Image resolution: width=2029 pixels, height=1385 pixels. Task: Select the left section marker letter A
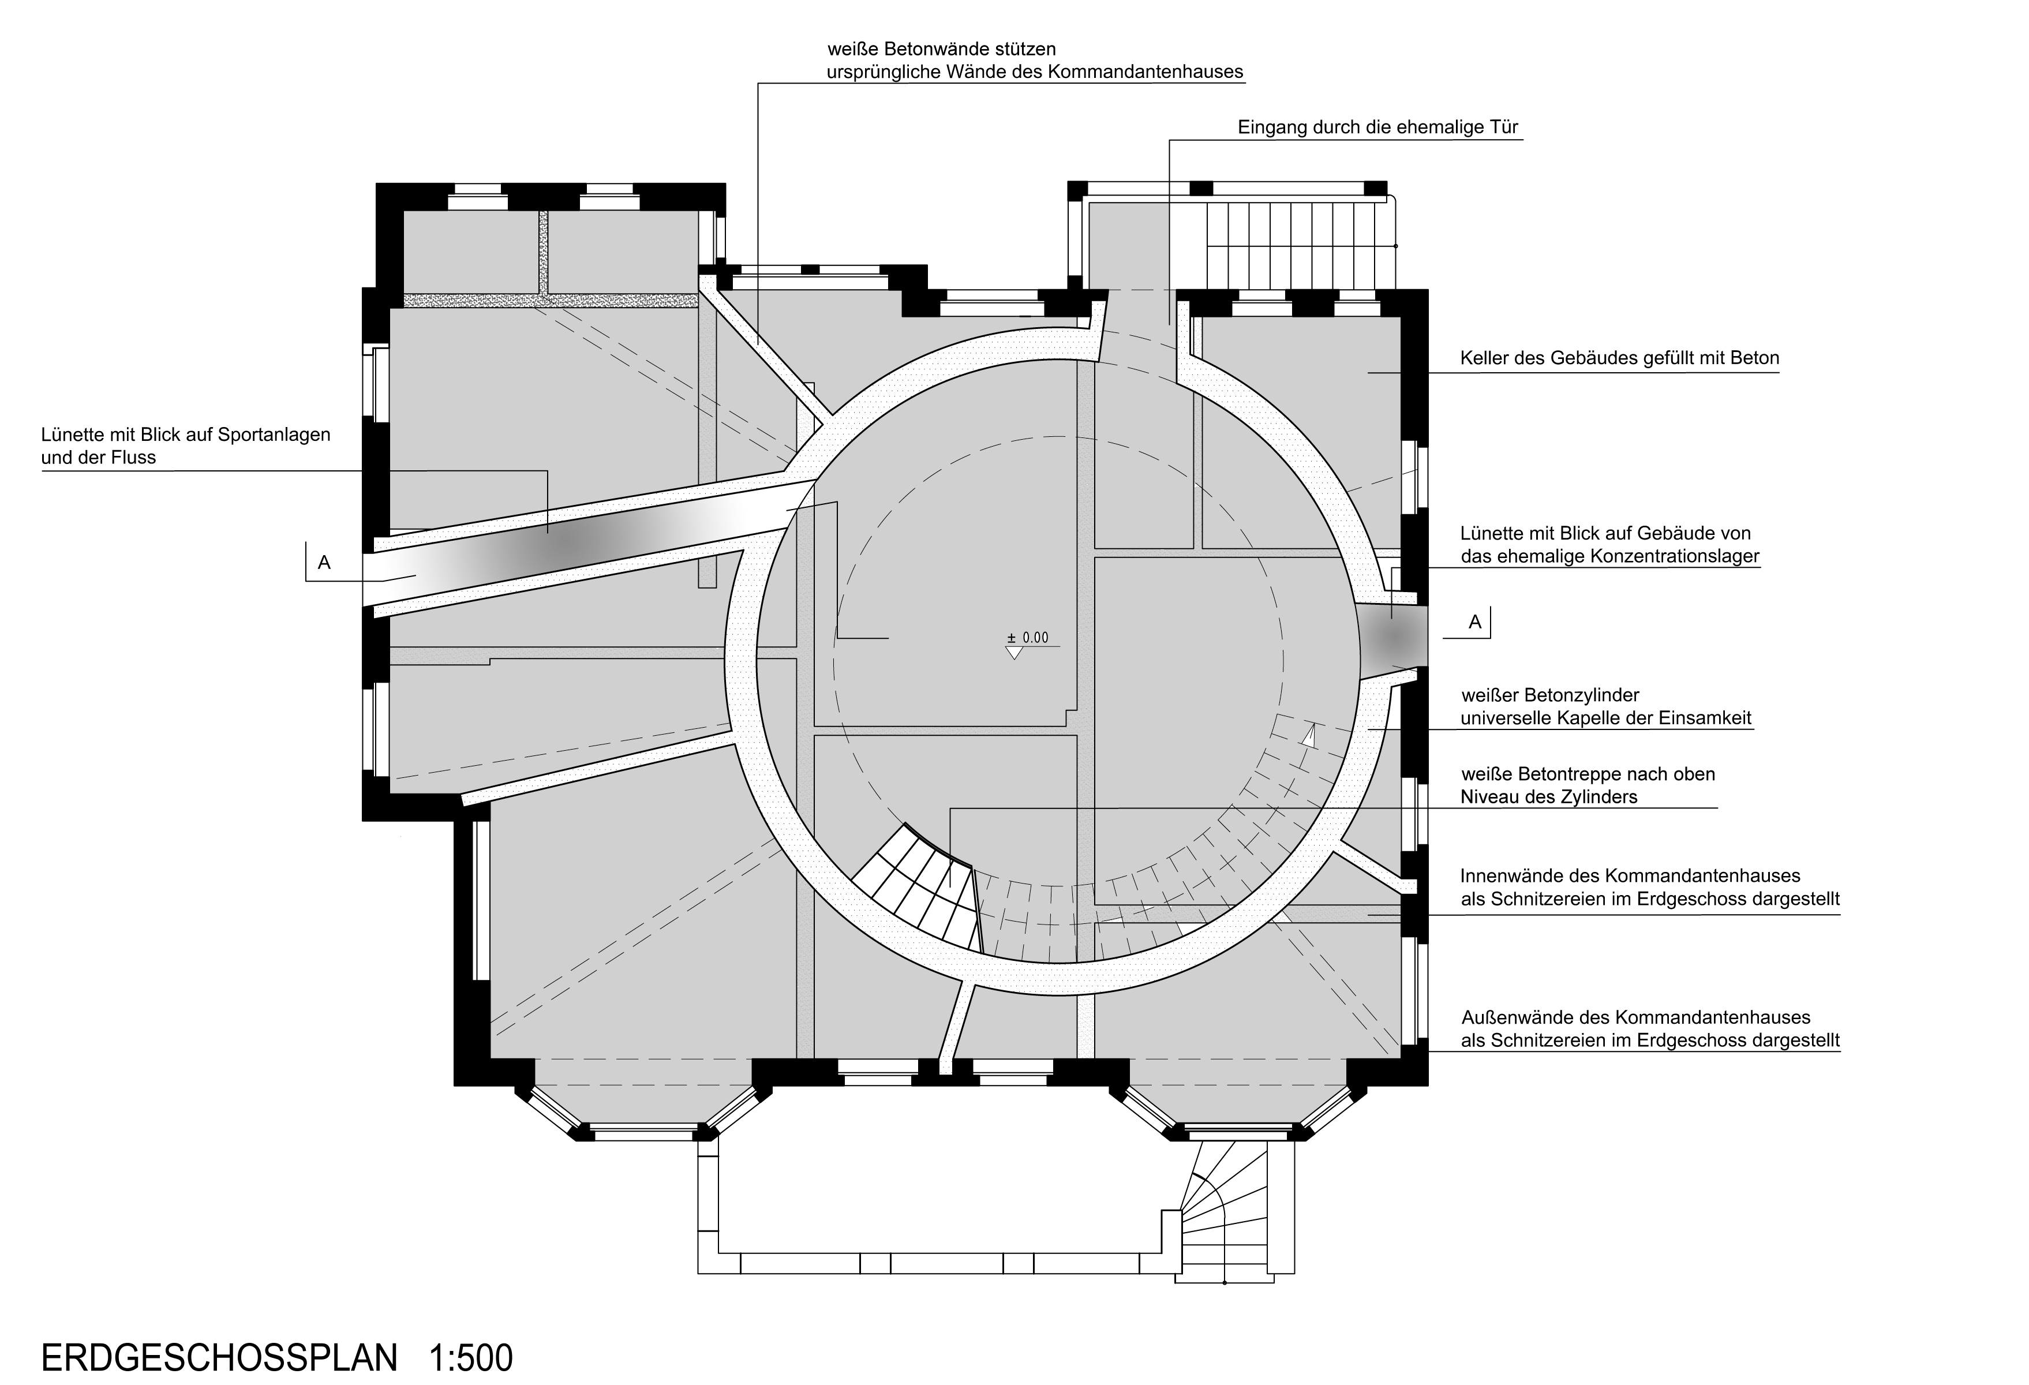324,563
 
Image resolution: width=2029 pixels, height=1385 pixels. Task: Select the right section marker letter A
1474,622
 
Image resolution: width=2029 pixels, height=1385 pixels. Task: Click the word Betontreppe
1551,774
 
